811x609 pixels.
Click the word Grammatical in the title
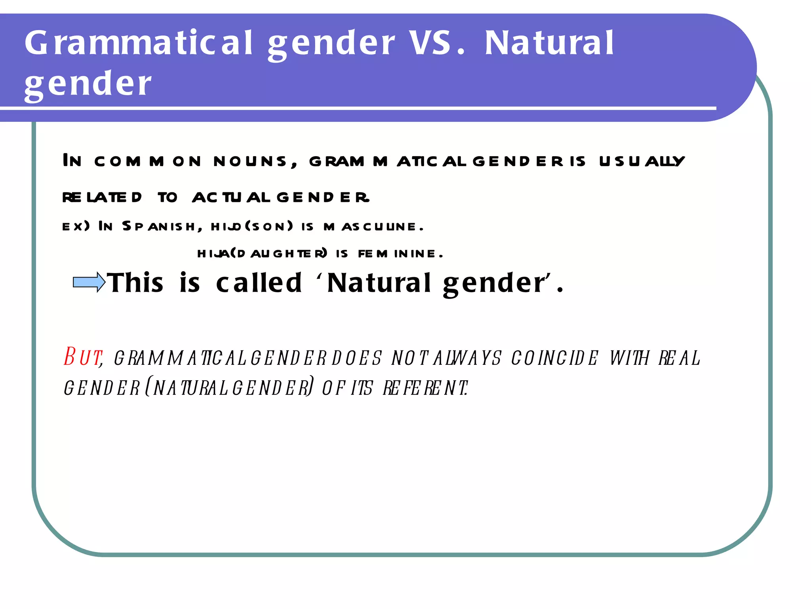pos(139,43)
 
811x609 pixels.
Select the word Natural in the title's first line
pos(549,43)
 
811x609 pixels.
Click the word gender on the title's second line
pos(88,84)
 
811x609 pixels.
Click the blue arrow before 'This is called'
pos(89,282)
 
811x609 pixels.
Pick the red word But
pos(83,357)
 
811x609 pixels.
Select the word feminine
pos(400,254)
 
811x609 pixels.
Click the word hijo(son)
pos(252,226)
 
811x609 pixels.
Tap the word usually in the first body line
pos(642,161)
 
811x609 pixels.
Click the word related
pos(102,197)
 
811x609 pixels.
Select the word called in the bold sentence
pos(259,283)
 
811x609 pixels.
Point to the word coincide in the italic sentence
pos(554,358)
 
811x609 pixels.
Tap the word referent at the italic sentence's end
pos(425,388)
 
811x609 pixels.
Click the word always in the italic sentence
pos(468,358)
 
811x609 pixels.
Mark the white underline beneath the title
pos(356,108)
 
